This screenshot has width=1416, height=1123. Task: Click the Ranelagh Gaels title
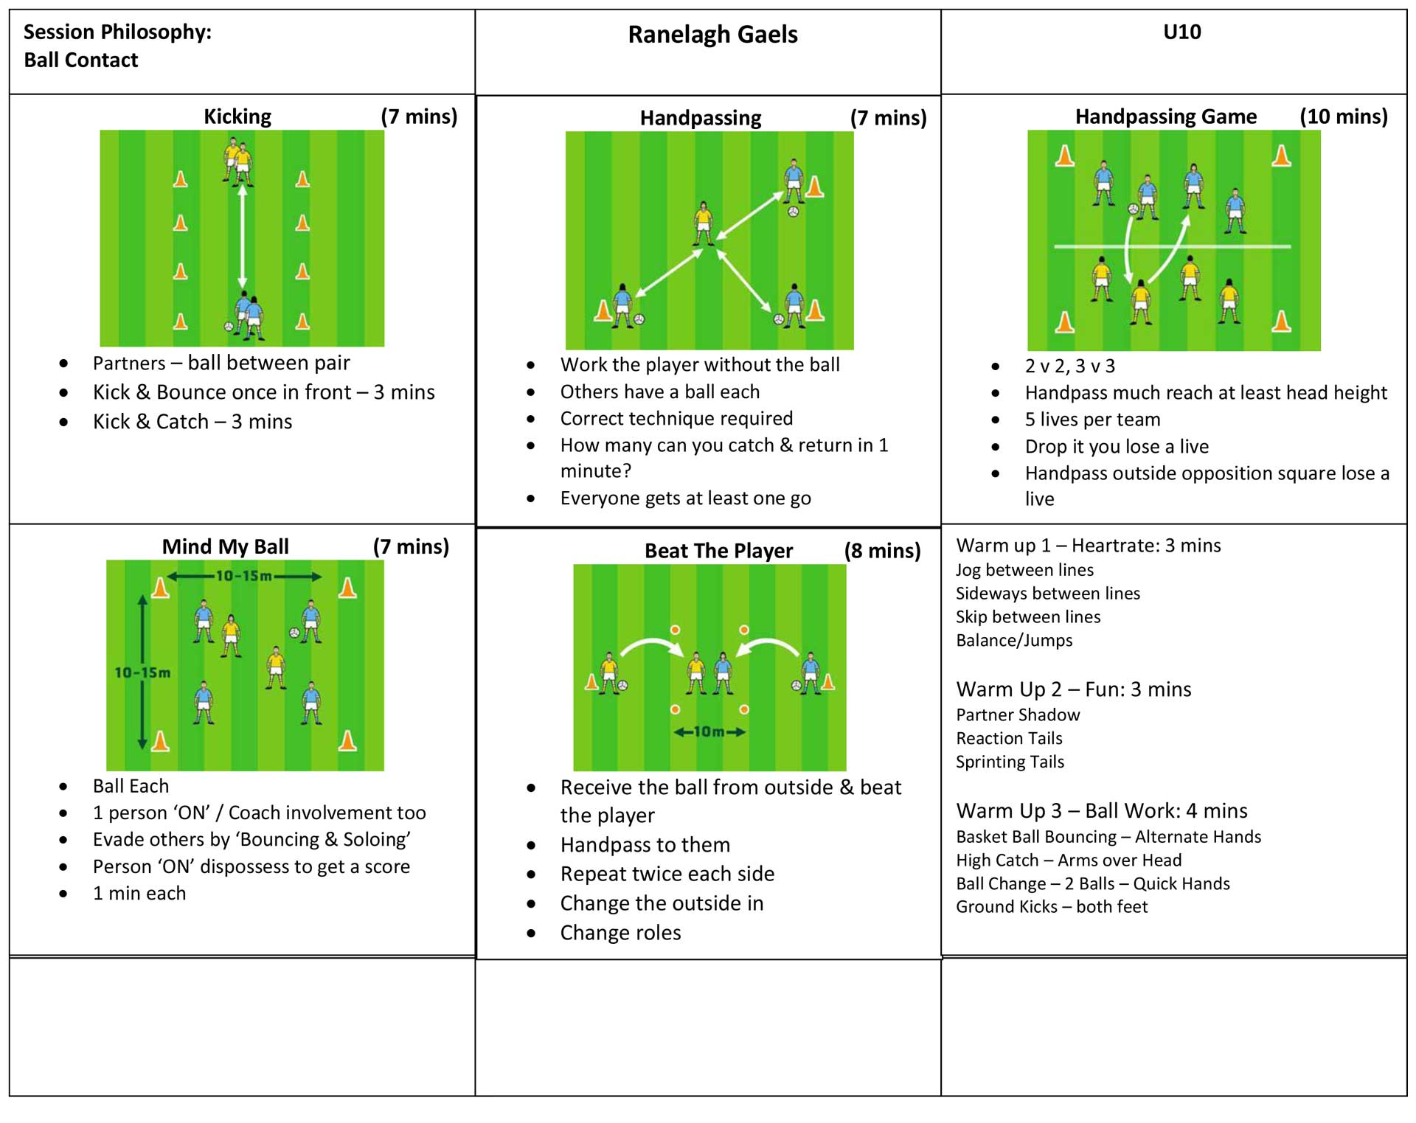tap(712, 35)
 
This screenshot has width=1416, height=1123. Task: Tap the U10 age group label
tap(1181, 32)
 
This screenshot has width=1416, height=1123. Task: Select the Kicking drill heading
tap(237, 117)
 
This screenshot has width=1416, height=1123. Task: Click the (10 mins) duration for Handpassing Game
tap(1343, 117)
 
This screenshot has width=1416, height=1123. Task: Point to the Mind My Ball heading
tap(225, 546)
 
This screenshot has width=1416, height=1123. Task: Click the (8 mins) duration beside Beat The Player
tap(882, 551)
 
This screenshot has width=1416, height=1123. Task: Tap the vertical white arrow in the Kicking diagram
tap(242, 236)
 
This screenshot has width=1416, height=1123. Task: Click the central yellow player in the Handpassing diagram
tap(704, 223)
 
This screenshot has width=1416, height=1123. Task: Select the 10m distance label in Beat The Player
tap(709, 731)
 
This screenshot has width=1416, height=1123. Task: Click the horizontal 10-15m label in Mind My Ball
tap(243, 576)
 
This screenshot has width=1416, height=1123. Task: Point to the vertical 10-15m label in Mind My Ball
tap(142, 672)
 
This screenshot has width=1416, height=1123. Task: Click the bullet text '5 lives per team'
tap(1092, 420)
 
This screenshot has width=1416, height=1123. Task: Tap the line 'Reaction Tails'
tap(1009, 738)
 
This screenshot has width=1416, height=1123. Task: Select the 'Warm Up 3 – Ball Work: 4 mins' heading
tap(1101, 811)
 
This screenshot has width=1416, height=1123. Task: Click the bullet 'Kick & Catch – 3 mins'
tap(192, 422)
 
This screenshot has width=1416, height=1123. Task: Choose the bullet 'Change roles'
tap(620, 933)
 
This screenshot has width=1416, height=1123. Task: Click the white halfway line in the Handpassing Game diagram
tap(1173, 246)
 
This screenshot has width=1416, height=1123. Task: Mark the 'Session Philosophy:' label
tap(117, 32)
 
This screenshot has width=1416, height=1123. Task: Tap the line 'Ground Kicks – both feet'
tap(1052, 907)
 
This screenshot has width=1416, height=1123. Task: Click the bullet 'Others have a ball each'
tap(659, 392)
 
